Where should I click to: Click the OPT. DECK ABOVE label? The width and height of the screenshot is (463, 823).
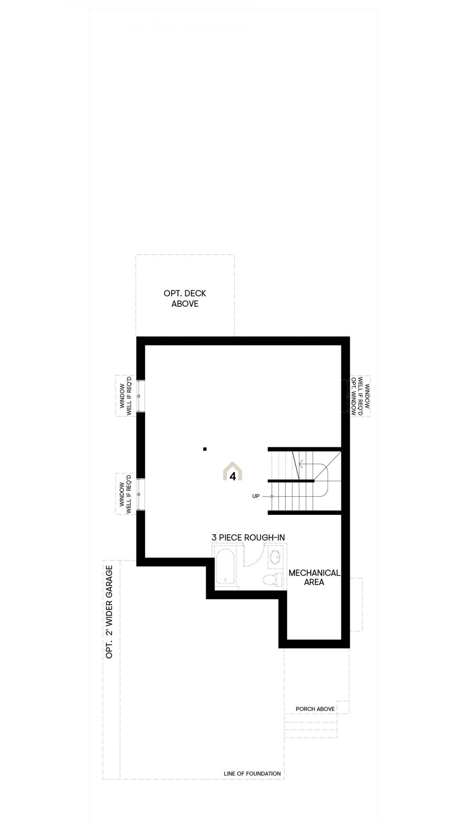185,298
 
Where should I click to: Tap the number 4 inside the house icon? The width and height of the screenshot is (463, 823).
232,476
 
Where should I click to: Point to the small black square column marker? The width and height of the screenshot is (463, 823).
205,449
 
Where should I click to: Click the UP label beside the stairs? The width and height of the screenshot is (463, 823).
256,496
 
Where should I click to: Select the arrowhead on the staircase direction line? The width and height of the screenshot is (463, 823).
302,465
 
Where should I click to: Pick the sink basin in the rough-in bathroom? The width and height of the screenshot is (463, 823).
275,557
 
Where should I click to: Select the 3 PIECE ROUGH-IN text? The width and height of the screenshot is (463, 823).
248,538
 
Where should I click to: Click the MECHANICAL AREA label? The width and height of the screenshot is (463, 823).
314,578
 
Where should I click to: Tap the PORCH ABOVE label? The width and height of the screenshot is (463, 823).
315,709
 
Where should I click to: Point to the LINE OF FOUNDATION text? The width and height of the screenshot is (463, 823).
253,773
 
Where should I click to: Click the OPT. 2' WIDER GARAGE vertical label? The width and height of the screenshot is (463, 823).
109,612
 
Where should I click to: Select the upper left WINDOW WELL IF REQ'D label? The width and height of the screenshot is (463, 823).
125,396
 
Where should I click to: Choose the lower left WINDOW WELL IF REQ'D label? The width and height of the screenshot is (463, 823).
125,494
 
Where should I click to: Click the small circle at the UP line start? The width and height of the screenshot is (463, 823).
271,496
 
